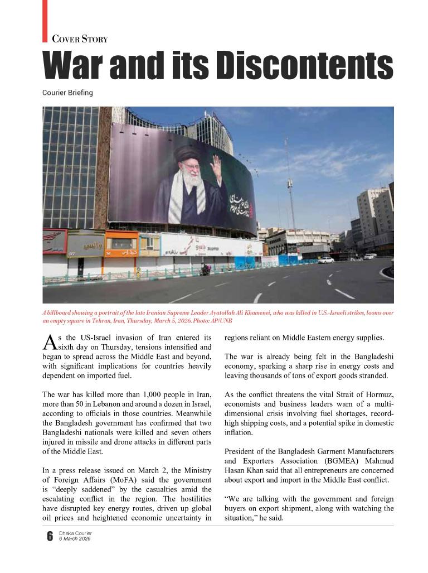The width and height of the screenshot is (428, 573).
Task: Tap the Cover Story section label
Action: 80,39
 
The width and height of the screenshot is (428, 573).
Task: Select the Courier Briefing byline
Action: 67,93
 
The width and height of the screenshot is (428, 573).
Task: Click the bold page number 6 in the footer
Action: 50,537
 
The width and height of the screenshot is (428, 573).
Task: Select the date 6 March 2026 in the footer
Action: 75,539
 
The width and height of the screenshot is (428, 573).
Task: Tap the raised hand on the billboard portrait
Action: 215,167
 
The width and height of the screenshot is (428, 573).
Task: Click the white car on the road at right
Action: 325,260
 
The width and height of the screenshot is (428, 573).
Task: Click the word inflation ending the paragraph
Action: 239,432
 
